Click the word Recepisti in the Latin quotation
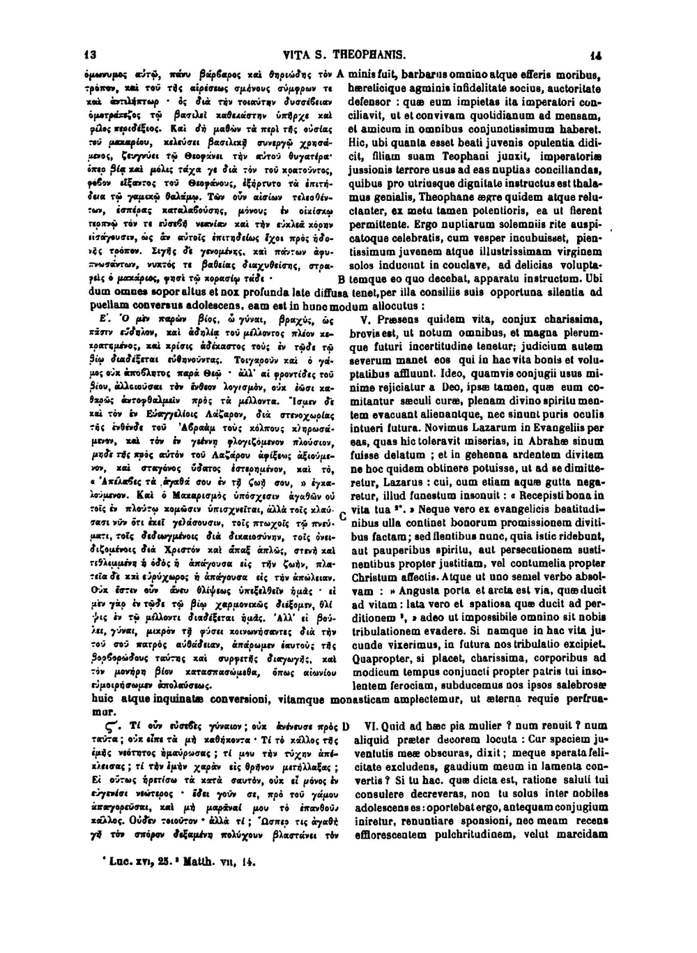click(x=543, y=500)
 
